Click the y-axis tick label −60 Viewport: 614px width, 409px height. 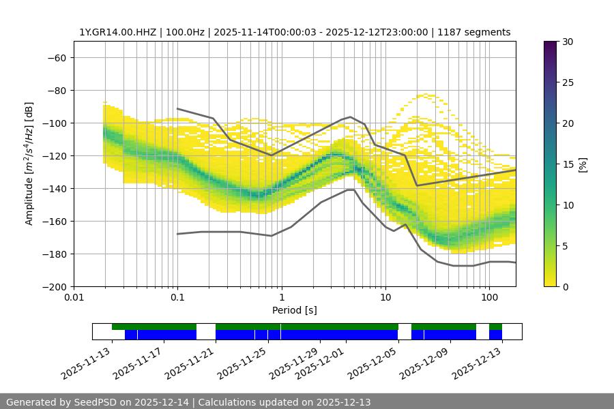tap(57, 58)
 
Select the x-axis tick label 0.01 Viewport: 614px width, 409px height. tap(74, 298)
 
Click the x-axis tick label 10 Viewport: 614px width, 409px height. tap(385, 298)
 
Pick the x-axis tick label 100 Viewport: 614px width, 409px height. tap(488, 298)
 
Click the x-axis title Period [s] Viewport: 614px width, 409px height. tap(294, 310)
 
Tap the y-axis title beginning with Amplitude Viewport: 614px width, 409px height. tap(29, 164)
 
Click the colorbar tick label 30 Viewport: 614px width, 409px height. tap(568, 42)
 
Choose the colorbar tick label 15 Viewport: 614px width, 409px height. tap(568, 164)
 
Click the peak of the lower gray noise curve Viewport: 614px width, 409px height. tap(350, 190)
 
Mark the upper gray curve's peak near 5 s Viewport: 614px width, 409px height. tap(351, 117)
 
